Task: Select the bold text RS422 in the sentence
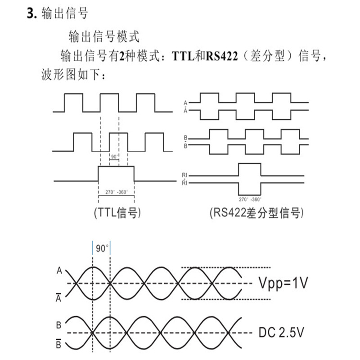(x=221, y=56)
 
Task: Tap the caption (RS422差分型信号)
(x=254, y=213)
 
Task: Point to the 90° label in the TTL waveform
(x=114, y=157)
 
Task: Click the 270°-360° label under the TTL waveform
(x=116, y=192)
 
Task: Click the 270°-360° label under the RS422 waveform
(x=249, y=198)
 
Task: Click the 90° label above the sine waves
(x=102, y=248)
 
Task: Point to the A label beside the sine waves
(x=59, y=271)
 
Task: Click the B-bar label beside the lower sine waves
(x=59, y=346)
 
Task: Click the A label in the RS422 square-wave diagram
(x=185, y=103)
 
